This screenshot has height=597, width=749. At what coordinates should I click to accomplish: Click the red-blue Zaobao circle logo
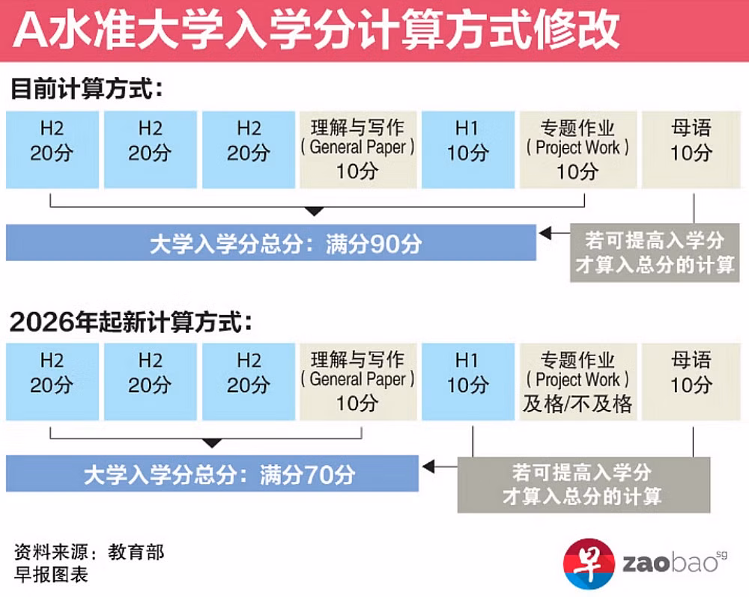pos(589,563)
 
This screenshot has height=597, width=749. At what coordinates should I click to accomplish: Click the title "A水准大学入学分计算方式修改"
pos(316,30)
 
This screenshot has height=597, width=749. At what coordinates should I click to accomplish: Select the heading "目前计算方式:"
pos(86,89)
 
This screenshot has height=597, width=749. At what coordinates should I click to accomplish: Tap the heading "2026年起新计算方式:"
pos(130,321)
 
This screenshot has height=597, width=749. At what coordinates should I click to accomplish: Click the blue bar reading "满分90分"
pos(271,242)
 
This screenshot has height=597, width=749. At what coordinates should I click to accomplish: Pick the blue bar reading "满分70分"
pos(212,474)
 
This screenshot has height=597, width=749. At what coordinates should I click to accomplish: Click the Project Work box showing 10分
pos(578,150)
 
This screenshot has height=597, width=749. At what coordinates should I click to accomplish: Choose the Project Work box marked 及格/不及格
pos(578,382)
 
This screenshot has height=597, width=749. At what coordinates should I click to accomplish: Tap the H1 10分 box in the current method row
pos(468,150)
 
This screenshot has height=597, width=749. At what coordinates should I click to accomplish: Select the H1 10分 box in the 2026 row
pos(468,382)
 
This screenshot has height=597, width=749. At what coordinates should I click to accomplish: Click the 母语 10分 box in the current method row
pos(691,150)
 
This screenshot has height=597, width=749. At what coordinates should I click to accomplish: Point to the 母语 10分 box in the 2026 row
pos(691,382)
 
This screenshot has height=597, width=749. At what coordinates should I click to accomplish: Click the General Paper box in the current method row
pos(358,150)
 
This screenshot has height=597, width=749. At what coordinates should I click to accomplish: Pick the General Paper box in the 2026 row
pos(358,382)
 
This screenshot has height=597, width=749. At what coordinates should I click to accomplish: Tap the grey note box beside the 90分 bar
pos(655,252)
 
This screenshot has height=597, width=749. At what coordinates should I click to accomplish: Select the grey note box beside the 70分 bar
pos(583,485)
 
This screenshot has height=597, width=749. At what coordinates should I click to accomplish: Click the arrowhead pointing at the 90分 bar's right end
pos(545,233)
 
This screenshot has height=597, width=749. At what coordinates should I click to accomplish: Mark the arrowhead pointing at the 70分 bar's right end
pos(428,466)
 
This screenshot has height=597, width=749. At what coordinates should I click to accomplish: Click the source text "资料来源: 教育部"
pos(89,552)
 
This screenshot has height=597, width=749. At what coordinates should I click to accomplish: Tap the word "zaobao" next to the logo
pos(670,563)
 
